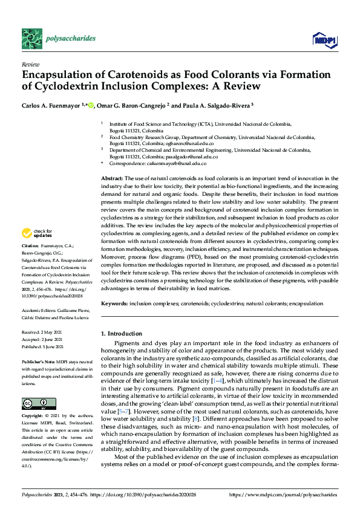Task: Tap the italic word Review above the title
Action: (30, 63)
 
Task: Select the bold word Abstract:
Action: (111, 179)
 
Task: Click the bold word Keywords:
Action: (114, 302)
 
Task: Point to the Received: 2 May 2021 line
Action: (45, 332)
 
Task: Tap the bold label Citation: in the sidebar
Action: (30, 247)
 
